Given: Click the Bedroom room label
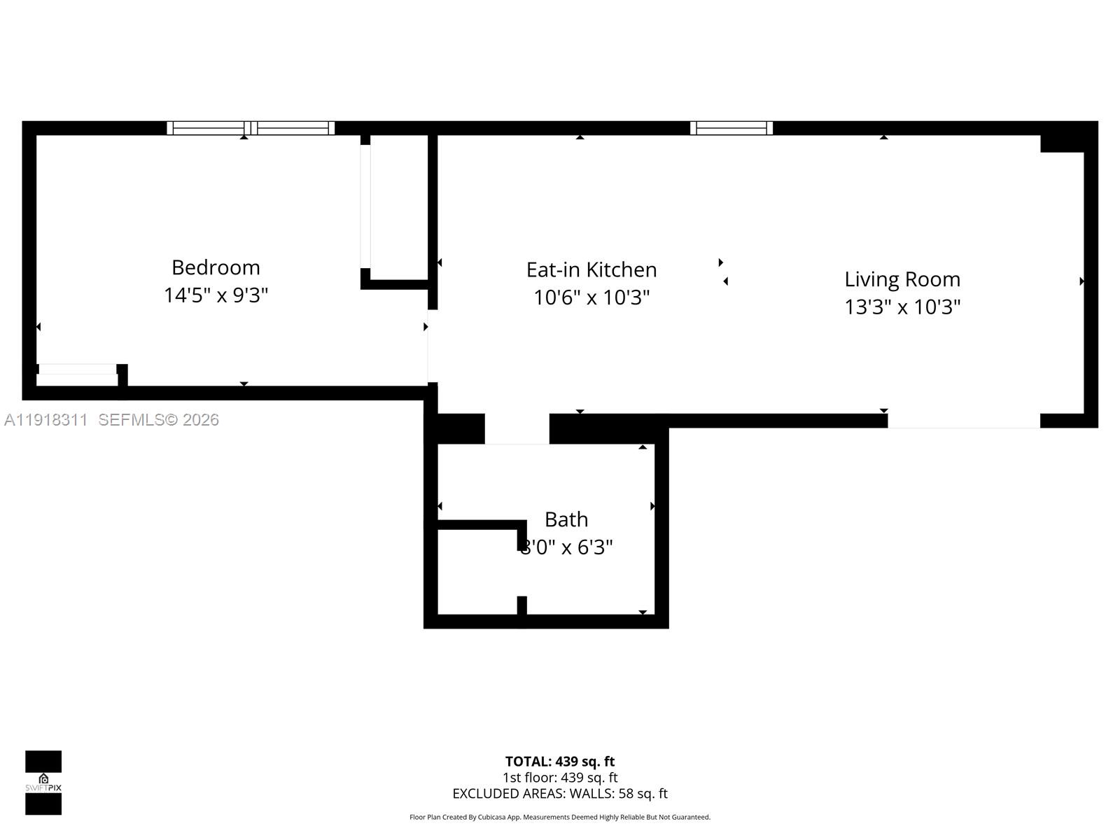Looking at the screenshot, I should (x=216, y=267).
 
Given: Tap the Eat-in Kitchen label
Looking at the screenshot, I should (x=591, y=269).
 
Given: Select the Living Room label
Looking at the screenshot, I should (x=902, y=279).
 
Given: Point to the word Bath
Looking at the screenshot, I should (x=566, y=519).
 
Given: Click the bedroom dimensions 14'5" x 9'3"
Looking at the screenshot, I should (x=216, y=295).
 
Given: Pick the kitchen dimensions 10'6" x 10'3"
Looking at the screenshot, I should (x=591, y=297).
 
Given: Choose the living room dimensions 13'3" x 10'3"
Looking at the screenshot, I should (x=902, y=307).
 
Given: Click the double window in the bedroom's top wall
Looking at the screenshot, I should (x=251, y=128).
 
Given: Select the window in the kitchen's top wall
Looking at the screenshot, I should (x=731, y=128).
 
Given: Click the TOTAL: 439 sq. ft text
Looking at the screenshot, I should (x=560, y=762).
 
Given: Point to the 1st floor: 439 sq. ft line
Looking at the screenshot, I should (x=560, y=778).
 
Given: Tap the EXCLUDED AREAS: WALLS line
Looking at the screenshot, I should (x=560, y=794).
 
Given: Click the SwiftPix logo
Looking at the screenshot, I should (x=43, y=783).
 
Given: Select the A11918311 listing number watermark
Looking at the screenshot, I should (x=46, y=420).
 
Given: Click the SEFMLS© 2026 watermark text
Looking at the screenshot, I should (x=159, y=420).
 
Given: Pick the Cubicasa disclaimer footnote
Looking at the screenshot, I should (x=560, y=817).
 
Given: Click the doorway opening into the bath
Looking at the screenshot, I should (x=517, y=429).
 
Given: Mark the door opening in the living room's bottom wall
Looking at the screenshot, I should (x=964, y=421).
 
